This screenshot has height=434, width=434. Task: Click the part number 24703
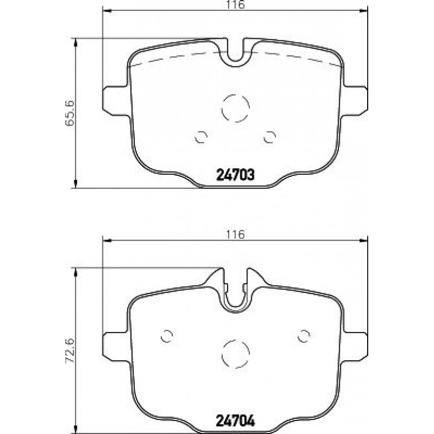pyautogui.click(x=235, y=175)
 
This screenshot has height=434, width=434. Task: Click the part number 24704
pyautogui.click(x=235, y=421)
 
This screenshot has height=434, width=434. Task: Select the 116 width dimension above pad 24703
pyautogui.click(x=235, y=4)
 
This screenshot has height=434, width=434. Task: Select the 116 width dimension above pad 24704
pyautogui.click(x=235, y=235)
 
